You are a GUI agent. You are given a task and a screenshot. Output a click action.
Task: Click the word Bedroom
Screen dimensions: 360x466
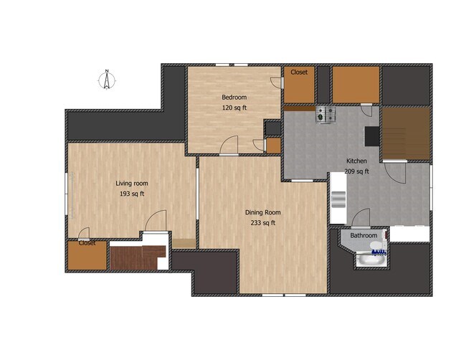(234, 97)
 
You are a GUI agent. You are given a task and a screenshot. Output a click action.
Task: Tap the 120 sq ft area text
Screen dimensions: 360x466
(234, 108)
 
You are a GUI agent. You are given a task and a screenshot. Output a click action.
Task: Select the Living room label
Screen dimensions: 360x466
(132, 183)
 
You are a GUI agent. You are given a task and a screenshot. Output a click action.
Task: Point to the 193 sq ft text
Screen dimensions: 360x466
(132, 194)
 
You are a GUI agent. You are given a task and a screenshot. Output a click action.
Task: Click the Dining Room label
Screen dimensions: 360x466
(262, 212)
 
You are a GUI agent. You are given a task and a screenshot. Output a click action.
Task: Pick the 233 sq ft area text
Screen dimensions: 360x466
(262, 223)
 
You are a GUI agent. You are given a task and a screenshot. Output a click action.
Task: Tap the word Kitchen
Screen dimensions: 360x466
(357, 161)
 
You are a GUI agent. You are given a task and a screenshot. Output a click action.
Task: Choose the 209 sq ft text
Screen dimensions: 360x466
(357, 171)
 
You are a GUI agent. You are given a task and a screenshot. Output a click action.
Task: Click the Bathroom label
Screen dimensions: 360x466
(363, 235)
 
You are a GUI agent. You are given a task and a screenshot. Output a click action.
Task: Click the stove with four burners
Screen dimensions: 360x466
(326, 113)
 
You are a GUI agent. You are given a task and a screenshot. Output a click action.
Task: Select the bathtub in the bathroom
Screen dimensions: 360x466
(371, 259)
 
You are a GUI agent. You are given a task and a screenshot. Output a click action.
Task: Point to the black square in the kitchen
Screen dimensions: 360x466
(371, 136)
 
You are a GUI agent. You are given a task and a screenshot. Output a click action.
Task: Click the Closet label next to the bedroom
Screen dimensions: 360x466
(299, 72)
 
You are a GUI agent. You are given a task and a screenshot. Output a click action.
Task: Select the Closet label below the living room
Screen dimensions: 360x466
(87, 243)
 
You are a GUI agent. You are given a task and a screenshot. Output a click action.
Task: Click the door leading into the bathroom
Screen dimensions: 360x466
(360, 218)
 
